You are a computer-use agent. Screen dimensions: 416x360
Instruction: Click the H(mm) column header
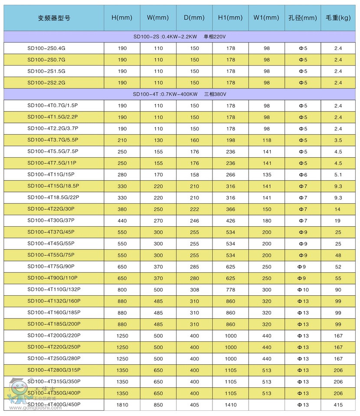click(x=122, y=18)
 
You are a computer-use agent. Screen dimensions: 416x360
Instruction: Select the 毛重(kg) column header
click(x=338, y=18)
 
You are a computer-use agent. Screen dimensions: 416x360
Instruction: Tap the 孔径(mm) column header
click(x=303, y=18)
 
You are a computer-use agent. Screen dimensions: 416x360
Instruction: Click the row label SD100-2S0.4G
click(x=46, y=48)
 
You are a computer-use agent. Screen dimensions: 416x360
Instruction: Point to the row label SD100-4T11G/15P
click(x=51, y=175)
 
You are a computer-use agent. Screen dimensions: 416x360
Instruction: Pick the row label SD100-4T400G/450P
click(x=54, y=405)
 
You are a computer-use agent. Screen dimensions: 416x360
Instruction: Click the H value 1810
click(x=122, y=405)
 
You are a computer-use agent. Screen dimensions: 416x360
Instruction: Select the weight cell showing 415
click(x=338, y=405)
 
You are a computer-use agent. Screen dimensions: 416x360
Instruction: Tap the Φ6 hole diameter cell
click(x=303, y=175)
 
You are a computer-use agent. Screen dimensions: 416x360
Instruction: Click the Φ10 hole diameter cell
click(x=303, y=290)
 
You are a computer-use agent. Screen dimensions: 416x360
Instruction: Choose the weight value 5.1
click(x=338, y=175)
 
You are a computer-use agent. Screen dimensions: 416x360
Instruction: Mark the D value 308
click(x=194, y=290)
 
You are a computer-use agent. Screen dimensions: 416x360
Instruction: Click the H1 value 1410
click(x=231, y=405)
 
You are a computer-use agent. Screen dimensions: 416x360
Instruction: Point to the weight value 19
click(x=338, y=221)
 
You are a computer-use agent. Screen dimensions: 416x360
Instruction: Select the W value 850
click(x=158, y=405)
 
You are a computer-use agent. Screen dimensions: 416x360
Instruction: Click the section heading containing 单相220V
click(x=180, y=37)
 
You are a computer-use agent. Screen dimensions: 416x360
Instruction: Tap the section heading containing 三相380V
click(x=180, y=94)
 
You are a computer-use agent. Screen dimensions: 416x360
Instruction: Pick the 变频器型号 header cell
click(x=54, y=18)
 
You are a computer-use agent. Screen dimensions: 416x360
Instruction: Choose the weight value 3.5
click(x=338, y=140)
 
